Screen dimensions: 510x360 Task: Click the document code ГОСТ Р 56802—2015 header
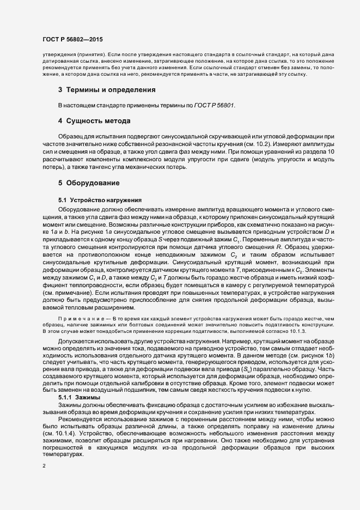point(72,40)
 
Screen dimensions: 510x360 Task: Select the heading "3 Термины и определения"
point(107,89)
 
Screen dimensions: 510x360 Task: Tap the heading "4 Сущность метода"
point(94,120)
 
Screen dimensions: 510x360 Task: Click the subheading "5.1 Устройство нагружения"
point(93,200)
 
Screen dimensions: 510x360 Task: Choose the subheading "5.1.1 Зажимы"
point(78,398)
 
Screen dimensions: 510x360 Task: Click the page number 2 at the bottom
point(44,466)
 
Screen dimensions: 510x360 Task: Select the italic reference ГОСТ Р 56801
point(215,104)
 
